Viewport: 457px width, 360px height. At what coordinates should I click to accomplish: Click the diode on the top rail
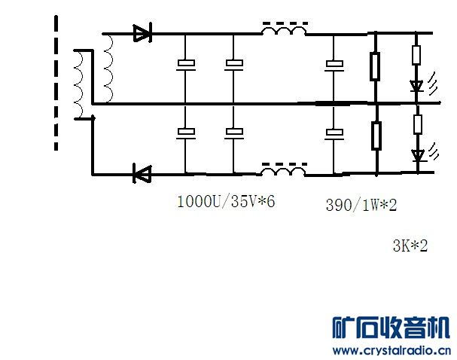(x=142, y=32)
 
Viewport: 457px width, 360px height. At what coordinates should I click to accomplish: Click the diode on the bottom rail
(x=142, y=174)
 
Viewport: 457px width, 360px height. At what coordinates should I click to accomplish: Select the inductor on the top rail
(x=284, y=32)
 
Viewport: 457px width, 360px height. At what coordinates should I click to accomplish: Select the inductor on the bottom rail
(x=284, y=172)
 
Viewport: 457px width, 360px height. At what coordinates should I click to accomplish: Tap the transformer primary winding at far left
(x=78, y=84)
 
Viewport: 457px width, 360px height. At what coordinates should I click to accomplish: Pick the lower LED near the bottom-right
(x=417, y=156)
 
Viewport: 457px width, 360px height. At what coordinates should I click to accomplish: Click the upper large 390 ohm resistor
(x=375, y=66)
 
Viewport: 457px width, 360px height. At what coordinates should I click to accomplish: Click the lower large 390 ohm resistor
(x=375, y=136)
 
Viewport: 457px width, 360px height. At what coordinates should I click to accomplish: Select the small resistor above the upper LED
(x=417, y=54)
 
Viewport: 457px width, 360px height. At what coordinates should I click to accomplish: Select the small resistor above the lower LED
(x=417, y=124)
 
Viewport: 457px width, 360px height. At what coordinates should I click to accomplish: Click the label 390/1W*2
(x=361, y=205)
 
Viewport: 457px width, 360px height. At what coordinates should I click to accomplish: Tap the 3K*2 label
(x=410, y=245)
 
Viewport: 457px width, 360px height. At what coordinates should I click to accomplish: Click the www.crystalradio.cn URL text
(x=391, y=350)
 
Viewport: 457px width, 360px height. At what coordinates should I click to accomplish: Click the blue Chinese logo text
(x=391, y=328)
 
